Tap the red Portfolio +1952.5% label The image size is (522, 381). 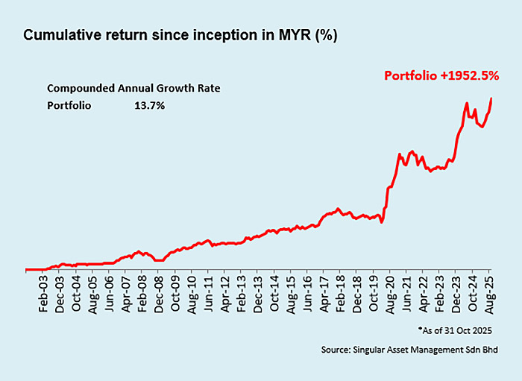point(441,75)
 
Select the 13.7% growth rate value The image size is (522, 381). point(150,106)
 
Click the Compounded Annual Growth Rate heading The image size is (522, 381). point(133,87)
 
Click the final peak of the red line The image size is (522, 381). point(491,98)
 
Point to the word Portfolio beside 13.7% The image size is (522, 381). point(69,106)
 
